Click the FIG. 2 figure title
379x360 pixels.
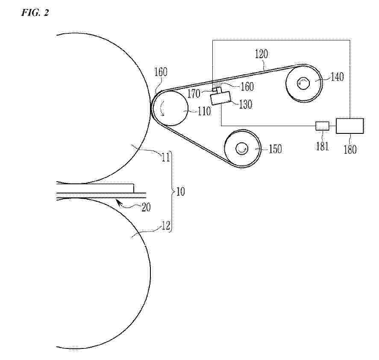click(35, 12)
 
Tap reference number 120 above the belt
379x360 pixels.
click(261, 54)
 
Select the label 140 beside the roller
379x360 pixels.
click(337, 77)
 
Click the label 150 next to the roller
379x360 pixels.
click(275, 149)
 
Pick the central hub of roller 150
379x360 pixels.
click(242, 148)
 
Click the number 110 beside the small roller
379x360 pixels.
click(204, 111)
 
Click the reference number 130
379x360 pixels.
click(246, 104)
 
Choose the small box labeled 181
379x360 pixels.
click(323, 126)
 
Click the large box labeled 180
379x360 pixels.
click(350, 126)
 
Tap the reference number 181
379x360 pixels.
click(323, 146)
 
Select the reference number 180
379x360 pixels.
click(350, 149)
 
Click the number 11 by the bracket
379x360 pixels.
click(165, 157)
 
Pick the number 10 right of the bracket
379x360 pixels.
click(180, 192)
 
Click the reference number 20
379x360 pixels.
click(146, 207)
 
